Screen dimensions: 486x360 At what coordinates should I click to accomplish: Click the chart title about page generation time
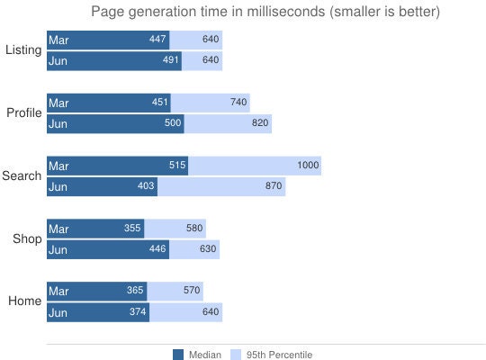pos(265,12)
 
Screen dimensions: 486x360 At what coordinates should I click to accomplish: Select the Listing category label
pos(23,49)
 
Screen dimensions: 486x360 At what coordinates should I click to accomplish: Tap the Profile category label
pos(24,112)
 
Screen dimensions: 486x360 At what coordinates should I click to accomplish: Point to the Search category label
pos(22,175)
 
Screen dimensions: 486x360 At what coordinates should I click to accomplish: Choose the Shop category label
pos(27,238)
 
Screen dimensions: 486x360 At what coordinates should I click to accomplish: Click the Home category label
pos(25,301)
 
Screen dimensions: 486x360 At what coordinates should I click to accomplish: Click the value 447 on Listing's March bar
pos(157,39)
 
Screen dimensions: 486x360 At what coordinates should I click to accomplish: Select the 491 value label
pos(171,59)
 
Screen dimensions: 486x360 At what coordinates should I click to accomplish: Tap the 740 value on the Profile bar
pos(238,102)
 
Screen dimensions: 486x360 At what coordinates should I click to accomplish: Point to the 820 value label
pos(260,122)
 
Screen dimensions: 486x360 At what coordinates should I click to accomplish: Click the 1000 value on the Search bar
pos(308,165)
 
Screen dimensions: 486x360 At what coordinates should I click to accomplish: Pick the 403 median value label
pos(146,185)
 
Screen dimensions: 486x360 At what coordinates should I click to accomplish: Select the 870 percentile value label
pos(274,185)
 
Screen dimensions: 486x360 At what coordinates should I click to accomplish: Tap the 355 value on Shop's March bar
pos(132,228)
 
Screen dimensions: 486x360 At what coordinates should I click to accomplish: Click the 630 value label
pos(208,248)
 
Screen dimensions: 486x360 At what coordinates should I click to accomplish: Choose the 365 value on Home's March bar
pos(135,290)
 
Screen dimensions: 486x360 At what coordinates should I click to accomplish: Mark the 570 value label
pos(192,290)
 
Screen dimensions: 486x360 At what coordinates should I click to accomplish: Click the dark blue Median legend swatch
pos(178,355)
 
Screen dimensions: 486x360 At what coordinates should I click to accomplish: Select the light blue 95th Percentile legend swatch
pos(236,355)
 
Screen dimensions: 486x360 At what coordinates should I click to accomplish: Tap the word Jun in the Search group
pos(58,187)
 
